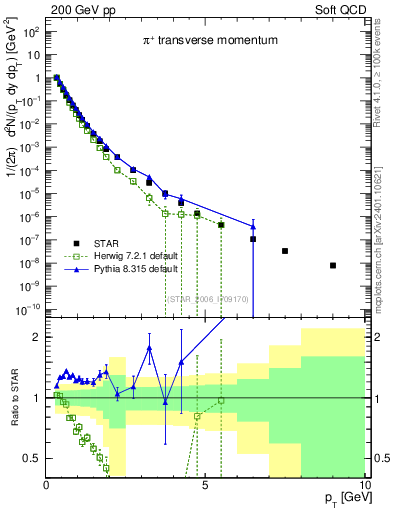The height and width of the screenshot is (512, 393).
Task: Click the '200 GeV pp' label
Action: click(75, 8)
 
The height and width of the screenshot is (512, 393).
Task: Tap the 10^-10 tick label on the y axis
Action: click(28, 309)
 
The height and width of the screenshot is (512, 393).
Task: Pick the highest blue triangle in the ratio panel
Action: click(149, 348)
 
